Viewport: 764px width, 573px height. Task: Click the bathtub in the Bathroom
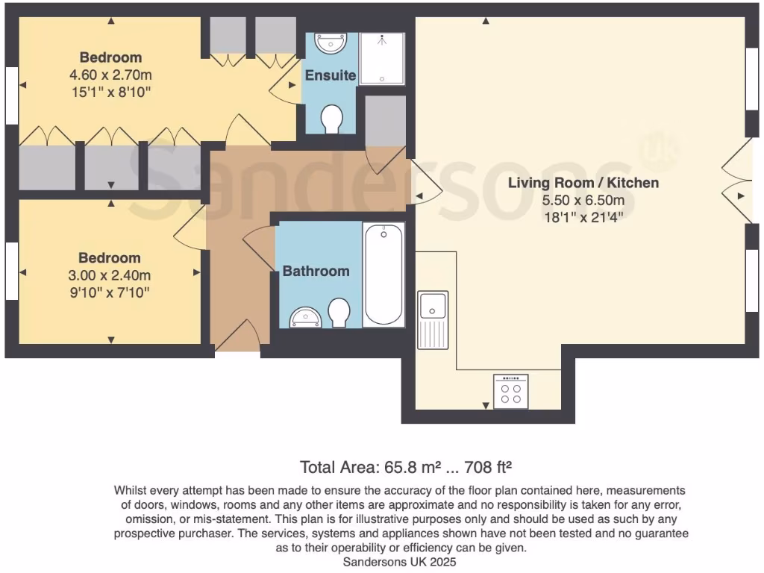(x=383, y=274)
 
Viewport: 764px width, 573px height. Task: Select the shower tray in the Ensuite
(x=382, y=59)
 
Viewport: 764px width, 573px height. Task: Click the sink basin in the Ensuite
(x=330, y=43)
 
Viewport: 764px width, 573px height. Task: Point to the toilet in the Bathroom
(x=339, y=313)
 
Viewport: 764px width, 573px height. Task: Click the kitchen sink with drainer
(x=433, y=319)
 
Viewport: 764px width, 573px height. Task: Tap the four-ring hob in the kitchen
(x=511, y=392)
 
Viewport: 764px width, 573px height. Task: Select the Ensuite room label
(x=330, y=75)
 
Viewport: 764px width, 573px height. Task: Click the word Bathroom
(x=316, y=272)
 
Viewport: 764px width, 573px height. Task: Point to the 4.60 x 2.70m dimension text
(x=111, y=75)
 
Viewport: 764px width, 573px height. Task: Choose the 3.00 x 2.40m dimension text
(x=110, y=275)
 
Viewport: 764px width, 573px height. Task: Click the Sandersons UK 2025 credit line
(x=400, y=562)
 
